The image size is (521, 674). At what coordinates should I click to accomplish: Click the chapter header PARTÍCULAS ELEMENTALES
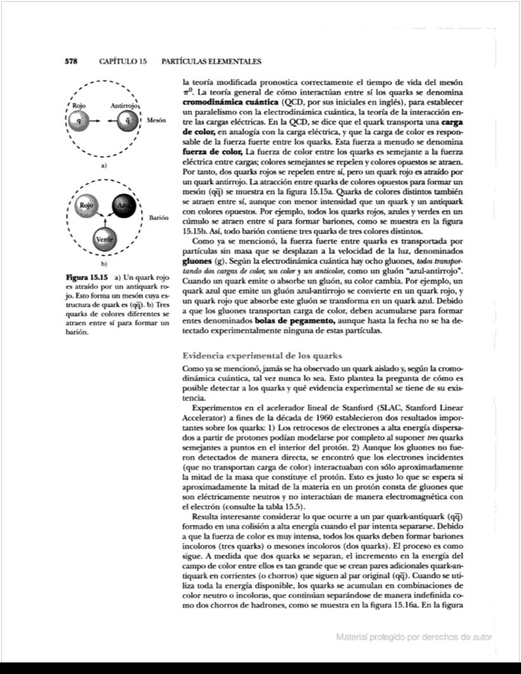212,62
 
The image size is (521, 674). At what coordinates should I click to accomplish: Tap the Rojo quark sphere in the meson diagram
78,121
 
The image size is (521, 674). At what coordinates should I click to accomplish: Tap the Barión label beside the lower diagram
157,217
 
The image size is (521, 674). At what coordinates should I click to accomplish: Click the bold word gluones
198,261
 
